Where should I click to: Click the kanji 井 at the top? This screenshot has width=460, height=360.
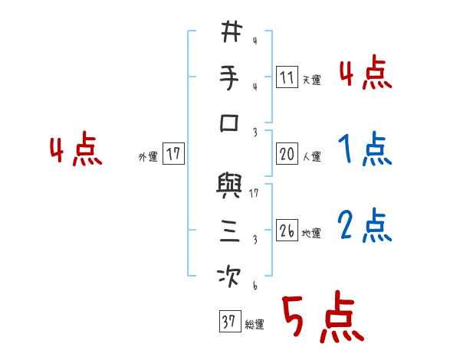click(x=231, y=34)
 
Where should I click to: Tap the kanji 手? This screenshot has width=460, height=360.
click(x=231, y=78)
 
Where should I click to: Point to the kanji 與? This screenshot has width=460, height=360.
click(x=231, y=186)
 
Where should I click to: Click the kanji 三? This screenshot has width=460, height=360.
click(x=231, y=232)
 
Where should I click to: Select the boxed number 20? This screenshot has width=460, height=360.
click(x=287, y=154)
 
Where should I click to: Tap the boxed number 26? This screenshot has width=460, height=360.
click(x=286, y=231)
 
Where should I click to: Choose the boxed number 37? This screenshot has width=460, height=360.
click(x=228, y=323)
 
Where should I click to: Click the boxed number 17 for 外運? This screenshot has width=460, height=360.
click(x=173, y=154)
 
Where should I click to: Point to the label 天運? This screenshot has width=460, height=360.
click(x=311, y=80)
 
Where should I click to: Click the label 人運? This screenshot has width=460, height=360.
click(x=312, y=157)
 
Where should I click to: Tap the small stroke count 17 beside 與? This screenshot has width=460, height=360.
click(x=254, y=194)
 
